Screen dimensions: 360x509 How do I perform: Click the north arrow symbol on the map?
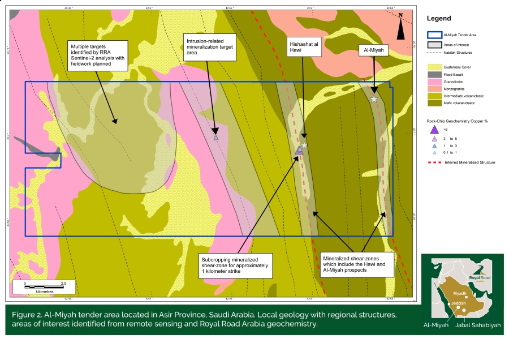(x=400, y=27)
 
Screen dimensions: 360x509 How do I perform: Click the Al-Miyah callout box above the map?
(x=374, y=50)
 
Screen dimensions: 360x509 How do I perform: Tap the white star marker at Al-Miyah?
(x=374, y=99)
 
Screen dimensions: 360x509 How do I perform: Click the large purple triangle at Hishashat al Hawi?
(x=299, y=150)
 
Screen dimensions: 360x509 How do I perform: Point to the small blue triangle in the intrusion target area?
(x=215, y=138)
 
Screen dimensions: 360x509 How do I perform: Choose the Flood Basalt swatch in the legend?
(x=434, y=74)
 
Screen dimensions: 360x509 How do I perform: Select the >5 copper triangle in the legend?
(x=434, y=129)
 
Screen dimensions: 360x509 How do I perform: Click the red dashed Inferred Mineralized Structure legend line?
(x=434, y=162)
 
